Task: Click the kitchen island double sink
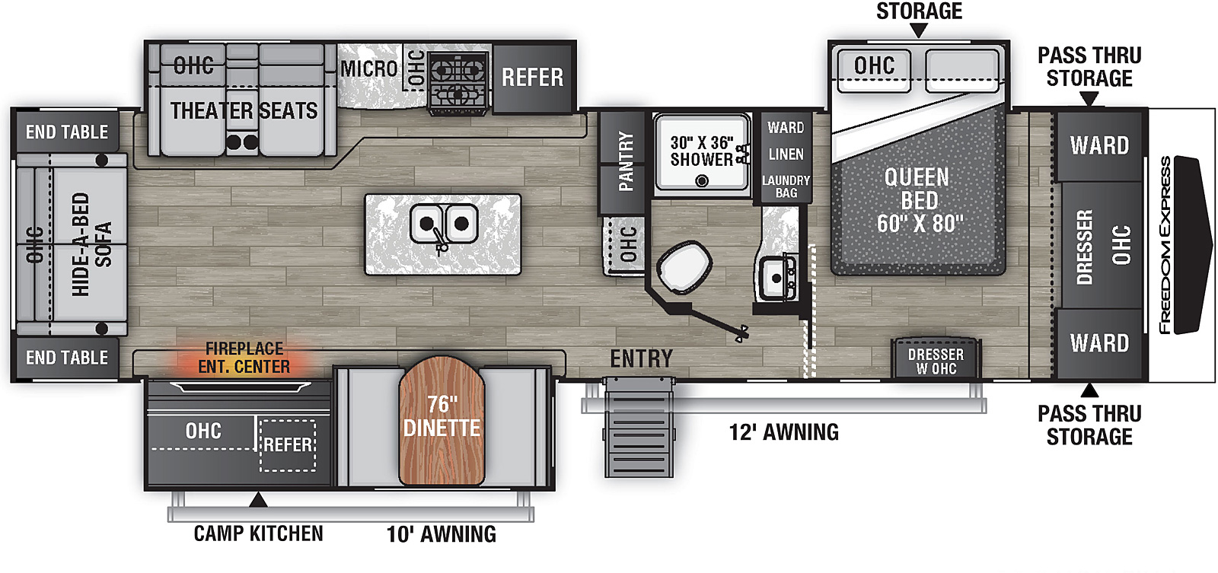click(444, 224)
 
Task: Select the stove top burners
click(458, 82)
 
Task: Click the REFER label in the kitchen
click(532, 77)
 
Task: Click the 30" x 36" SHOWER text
click(701, 151)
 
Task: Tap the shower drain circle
click(702, 180)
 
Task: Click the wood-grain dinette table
click(442, 420)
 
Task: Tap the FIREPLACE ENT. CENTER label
click(244, 357)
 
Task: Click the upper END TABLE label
click(67, 132)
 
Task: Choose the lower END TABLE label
click(67, 357)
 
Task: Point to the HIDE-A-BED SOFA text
click(91, 244)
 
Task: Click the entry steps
click(639, 428)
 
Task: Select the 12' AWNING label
click(783, 432)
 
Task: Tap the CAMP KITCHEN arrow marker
click(258, 500)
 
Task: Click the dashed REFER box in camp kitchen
click(288, 445)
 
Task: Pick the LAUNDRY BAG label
click(786, 186)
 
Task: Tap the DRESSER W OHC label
click(936, 361)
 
